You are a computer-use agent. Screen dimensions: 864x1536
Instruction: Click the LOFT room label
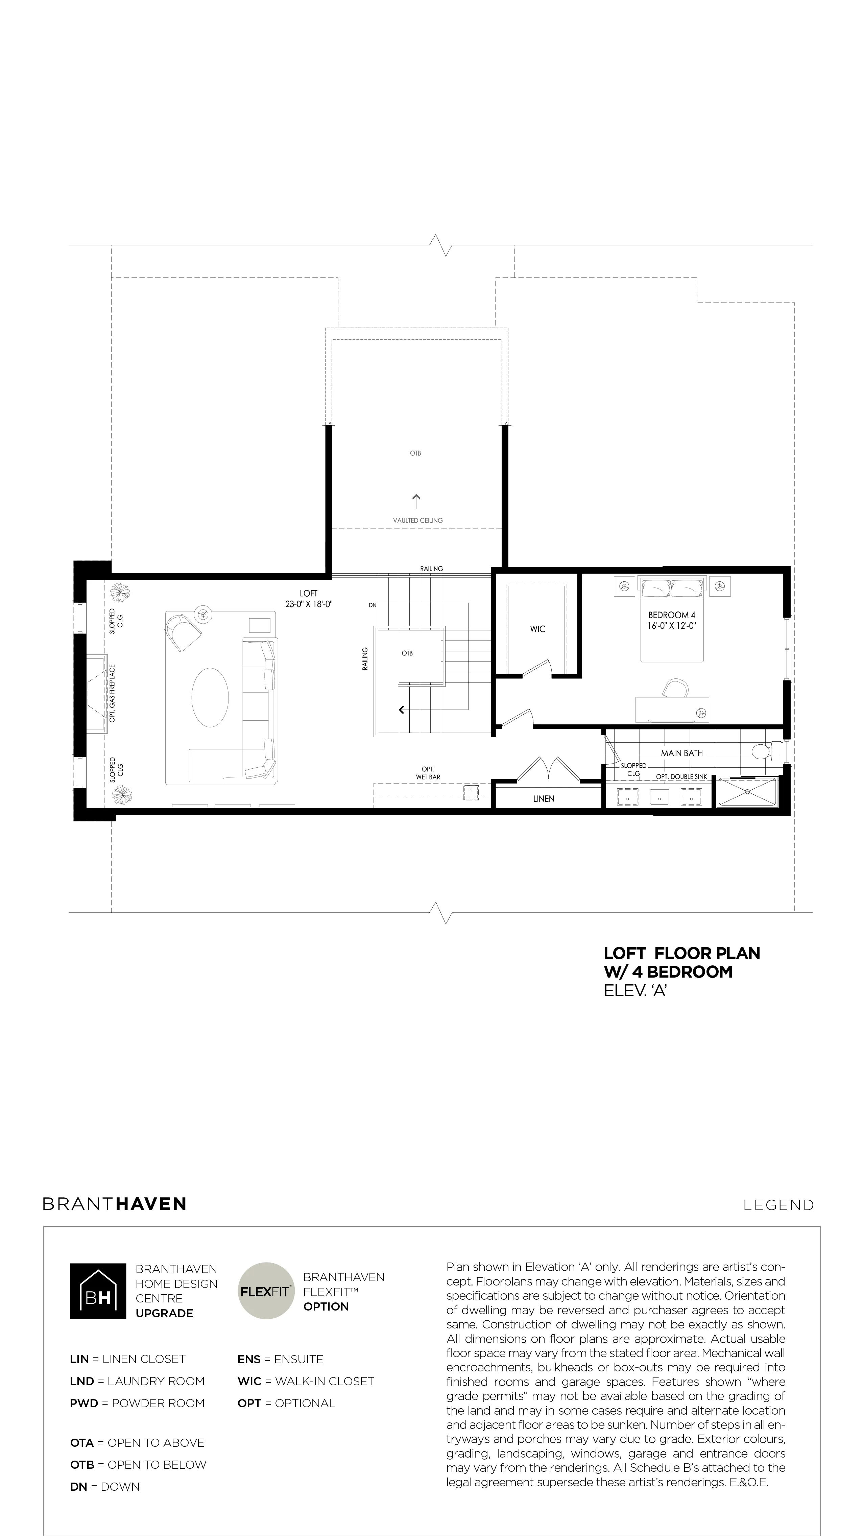pos(309,593)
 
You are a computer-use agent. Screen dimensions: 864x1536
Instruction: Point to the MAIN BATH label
pos(681,753)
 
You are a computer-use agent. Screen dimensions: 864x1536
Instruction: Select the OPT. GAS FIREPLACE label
pos(112,694)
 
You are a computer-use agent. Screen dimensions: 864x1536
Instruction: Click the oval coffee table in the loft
pos(210,697)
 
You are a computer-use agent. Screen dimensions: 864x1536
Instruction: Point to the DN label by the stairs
pos(373,605)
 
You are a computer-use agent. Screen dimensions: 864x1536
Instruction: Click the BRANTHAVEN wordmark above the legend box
pos(115,1204)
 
